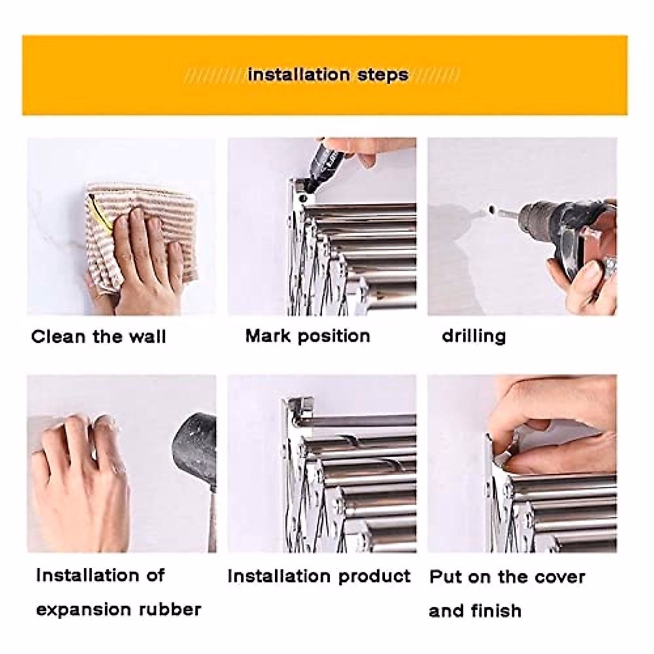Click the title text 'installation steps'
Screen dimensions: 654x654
coord(328,75)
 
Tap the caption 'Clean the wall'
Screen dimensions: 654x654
coord(99,336)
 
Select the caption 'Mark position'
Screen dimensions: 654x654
coord(307,335)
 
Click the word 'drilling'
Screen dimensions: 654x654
coord(474,336)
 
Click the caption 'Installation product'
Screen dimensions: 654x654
coord(319,576)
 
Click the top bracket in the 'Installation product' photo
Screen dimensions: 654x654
coord(297,409)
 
